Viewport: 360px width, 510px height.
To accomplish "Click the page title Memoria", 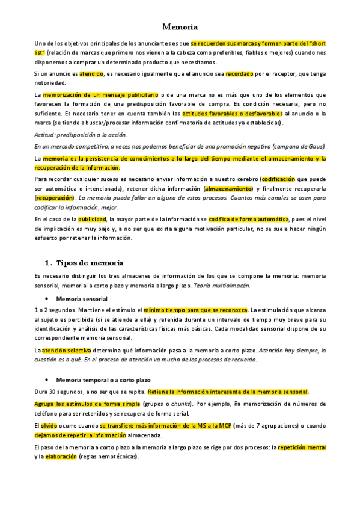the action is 180,27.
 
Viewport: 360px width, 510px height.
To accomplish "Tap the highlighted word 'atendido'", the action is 92,74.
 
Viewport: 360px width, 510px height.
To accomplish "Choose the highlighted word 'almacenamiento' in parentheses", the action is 228,188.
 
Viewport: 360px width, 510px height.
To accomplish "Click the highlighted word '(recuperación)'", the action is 54,197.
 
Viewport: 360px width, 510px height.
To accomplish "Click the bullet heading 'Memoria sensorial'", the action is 82,298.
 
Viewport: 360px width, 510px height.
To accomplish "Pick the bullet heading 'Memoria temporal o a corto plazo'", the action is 103,380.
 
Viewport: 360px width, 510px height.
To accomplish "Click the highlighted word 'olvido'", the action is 49,425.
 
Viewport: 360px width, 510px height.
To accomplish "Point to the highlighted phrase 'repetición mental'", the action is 301,447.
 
